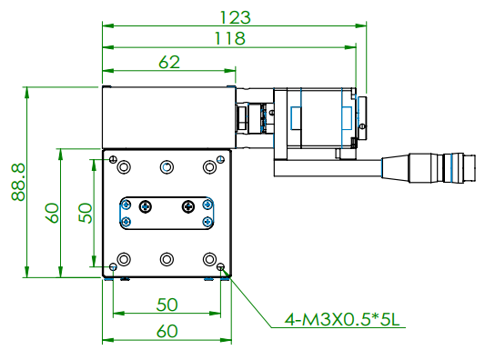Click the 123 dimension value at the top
pos(234,15)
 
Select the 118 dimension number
pos(228,37)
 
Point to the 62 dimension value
pos(168,62)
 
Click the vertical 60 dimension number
pos(52,213)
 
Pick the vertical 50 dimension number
pos(85,213)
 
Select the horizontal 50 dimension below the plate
pos(167,303)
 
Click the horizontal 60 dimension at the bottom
pos(167,331)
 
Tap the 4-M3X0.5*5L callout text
pos(338,320)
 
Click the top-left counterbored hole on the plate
pos(124,167)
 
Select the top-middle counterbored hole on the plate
pos(166,167)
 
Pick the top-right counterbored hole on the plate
pos(208,167)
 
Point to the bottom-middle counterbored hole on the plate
pos(166,258)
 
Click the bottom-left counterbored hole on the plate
pos(124,258)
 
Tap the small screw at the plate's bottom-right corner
pos(222,267)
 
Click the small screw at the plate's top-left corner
pos(113,158)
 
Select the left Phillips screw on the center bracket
pos(144,205)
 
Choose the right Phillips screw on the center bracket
pos(187,205)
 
